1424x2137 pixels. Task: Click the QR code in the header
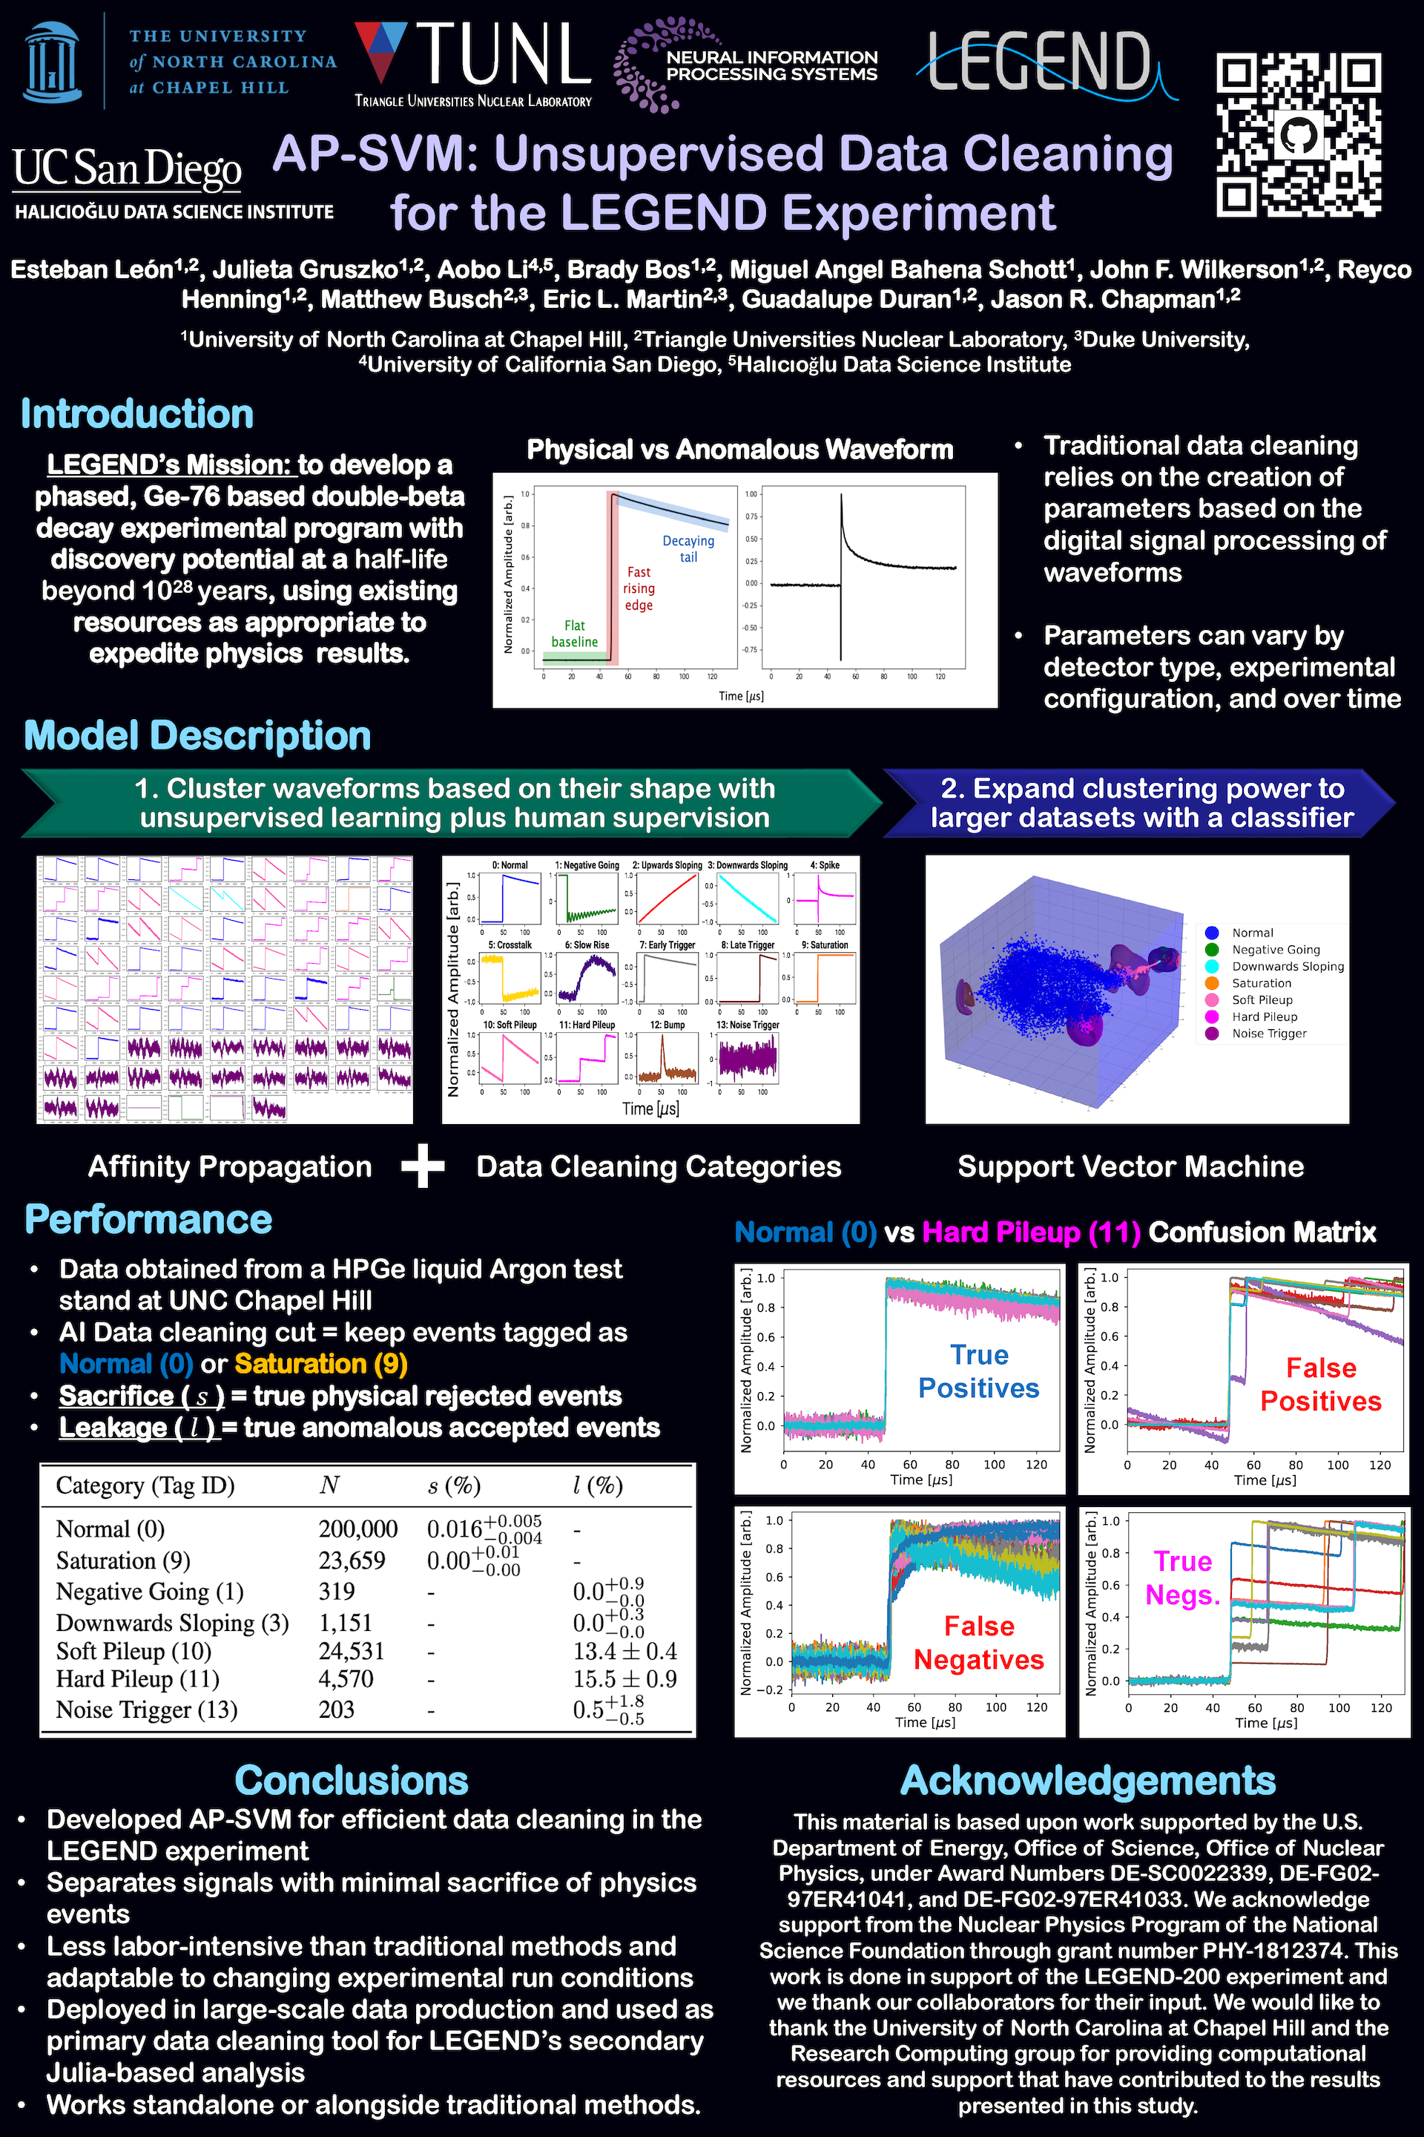(1299, 134)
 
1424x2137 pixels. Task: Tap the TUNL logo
(473, 64)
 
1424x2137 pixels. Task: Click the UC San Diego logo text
(127, 169)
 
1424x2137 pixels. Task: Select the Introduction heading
(137, 414)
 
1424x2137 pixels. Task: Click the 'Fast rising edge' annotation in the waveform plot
(639, 588)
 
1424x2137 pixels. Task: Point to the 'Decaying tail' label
(688, 549)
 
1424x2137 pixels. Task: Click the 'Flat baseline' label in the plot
(574, 633)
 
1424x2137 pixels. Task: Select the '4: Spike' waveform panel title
(825, 865)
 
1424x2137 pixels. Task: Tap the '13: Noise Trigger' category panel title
(748, 1025)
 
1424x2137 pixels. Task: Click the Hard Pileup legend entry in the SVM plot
(1264, 1017)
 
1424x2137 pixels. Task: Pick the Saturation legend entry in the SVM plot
(1261, 983)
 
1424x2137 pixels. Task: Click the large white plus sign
(423, 1166)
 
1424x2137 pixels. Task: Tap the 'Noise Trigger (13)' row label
(146, 1710)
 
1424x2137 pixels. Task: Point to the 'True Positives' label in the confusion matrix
(978, 1371)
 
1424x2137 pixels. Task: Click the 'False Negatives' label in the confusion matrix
(978, 1643)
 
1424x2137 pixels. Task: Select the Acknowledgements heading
(1087, 1781)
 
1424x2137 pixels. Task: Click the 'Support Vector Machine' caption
(1130, 1166)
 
